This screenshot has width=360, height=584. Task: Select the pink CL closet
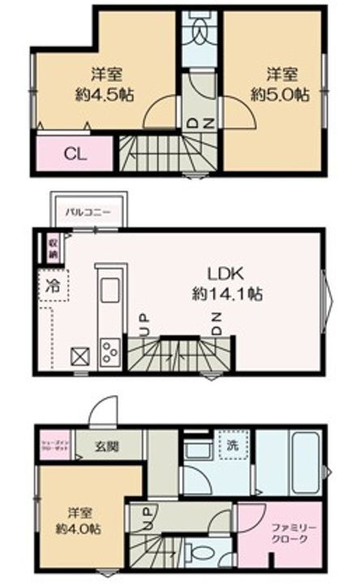click(x=72, y=153)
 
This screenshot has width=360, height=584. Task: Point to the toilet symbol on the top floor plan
click(x=198, y=30)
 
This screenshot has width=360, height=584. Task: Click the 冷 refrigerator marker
click(x=52, y=286)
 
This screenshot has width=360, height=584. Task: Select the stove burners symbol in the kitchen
click(x=109, y=350)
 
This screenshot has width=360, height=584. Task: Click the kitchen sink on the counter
click(x=109, y=292)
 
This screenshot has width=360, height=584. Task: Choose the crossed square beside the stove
click(x=80, y=356)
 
